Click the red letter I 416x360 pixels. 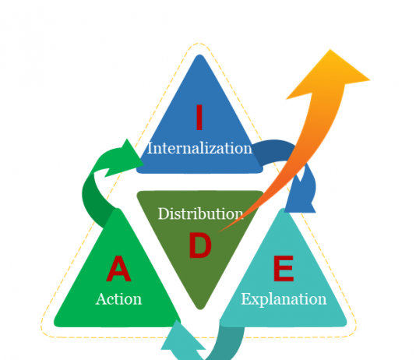199,117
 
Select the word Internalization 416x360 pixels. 199,148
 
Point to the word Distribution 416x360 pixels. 200,214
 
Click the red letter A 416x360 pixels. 118,268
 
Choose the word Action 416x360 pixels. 118,299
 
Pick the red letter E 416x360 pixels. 284,268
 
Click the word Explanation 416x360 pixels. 284,299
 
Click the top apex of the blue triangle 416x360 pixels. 199,55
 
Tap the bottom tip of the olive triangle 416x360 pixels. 200,309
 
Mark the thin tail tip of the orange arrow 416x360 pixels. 218,232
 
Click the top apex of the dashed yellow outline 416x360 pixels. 199,43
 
